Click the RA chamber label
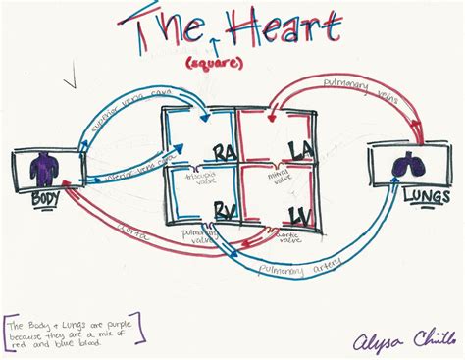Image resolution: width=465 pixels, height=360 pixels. pyautogui.click(x=225, y=152)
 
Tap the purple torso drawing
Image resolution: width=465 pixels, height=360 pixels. pyautogui.click(x=43, y=168)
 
